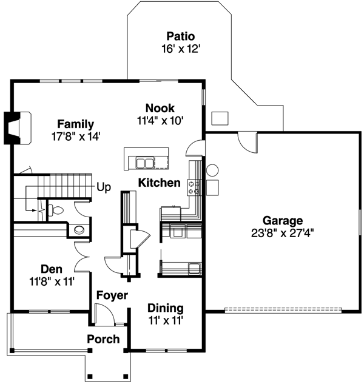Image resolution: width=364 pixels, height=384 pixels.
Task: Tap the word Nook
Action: point(160,108)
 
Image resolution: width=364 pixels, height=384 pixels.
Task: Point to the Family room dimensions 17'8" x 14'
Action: point(75,136)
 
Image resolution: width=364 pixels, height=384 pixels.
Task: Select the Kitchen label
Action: point(159,183)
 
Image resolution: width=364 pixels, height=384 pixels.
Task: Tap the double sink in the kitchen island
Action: point(144,162)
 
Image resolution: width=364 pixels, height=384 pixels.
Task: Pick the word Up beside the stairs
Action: point(104,187)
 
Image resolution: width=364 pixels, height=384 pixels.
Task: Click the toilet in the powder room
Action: point(56,211)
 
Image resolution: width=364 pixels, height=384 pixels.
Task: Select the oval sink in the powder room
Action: point(78,231)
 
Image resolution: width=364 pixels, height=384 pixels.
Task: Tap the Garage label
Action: point(283,220)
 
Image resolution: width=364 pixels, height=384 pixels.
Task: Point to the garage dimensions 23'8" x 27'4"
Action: point(283,232)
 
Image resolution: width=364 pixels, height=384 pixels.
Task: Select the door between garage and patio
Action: point(248,141)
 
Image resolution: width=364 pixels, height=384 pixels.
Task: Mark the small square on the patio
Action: point(219,118)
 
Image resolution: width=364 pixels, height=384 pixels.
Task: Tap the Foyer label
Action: point(112,296)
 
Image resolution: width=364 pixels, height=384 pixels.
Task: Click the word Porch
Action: point(103,339)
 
